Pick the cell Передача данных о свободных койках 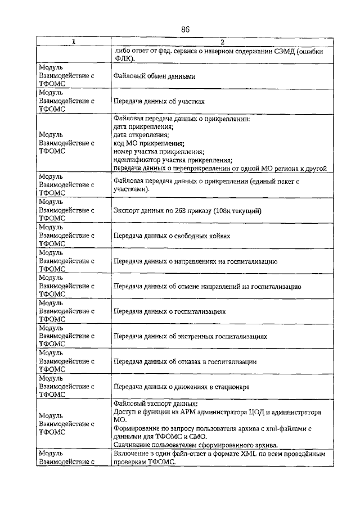(172, 236)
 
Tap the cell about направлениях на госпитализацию (195, 261)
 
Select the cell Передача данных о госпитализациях (169, 311)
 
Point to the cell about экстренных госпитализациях (190, 337)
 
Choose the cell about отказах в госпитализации (185, 362)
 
